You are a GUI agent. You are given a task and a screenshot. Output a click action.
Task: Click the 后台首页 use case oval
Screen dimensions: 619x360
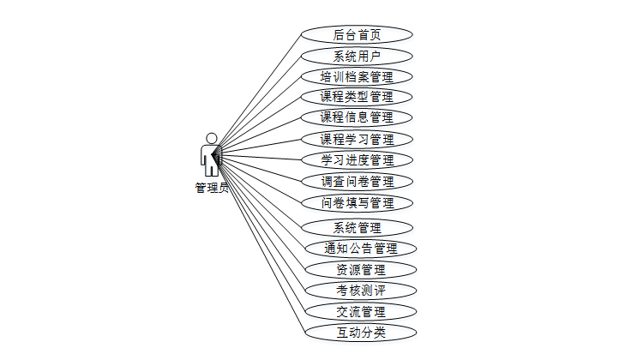(357, 35)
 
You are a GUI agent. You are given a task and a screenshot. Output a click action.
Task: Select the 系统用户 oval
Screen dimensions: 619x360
(357, 56)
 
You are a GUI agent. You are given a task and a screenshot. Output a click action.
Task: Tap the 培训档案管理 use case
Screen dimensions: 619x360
(357, 76)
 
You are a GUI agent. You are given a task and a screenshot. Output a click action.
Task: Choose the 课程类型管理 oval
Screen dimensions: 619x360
(357, 97)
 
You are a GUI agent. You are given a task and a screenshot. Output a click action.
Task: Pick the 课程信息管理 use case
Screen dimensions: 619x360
(357, 117)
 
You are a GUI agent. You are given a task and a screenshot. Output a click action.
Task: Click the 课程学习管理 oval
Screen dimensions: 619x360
(357, 139)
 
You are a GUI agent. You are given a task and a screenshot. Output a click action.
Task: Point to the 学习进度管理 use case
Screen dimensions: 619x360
(357, 160)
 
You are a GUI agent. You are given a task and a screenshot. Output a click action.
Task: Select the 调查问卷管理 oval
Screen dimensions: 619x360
(357, 182)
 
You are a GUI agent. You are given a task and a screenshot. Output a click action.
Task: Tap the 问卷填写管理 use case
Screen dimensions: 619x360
(357, 203)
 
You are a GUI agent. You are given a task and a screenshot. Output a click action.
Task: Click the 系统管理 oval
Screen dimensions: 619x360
(357, 228)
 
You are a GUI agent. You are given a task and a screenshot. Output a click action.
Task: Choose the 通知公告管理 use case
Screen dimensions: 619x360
(360, 249)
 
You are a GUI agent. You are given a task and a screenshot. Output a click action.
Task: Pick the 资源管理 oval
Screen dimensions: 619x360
(360, 270)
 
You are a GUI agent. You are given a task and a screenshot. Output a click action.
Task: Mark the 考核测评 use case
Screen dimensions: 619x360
(360, 291)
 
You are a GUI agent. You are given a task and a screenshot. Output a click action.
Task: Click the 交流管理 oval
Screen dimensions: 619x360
(360, 311)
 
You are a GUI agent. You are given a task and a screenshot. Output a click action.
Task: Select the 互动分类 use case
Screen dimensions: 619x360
(360, 332)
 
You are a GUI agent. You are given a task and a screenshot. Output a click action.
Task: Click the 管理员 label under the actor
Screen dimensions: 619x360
(211, 188)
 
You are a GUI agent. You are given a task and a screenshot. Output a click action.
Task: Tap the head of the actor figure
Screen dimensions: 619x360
(211, 138)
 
